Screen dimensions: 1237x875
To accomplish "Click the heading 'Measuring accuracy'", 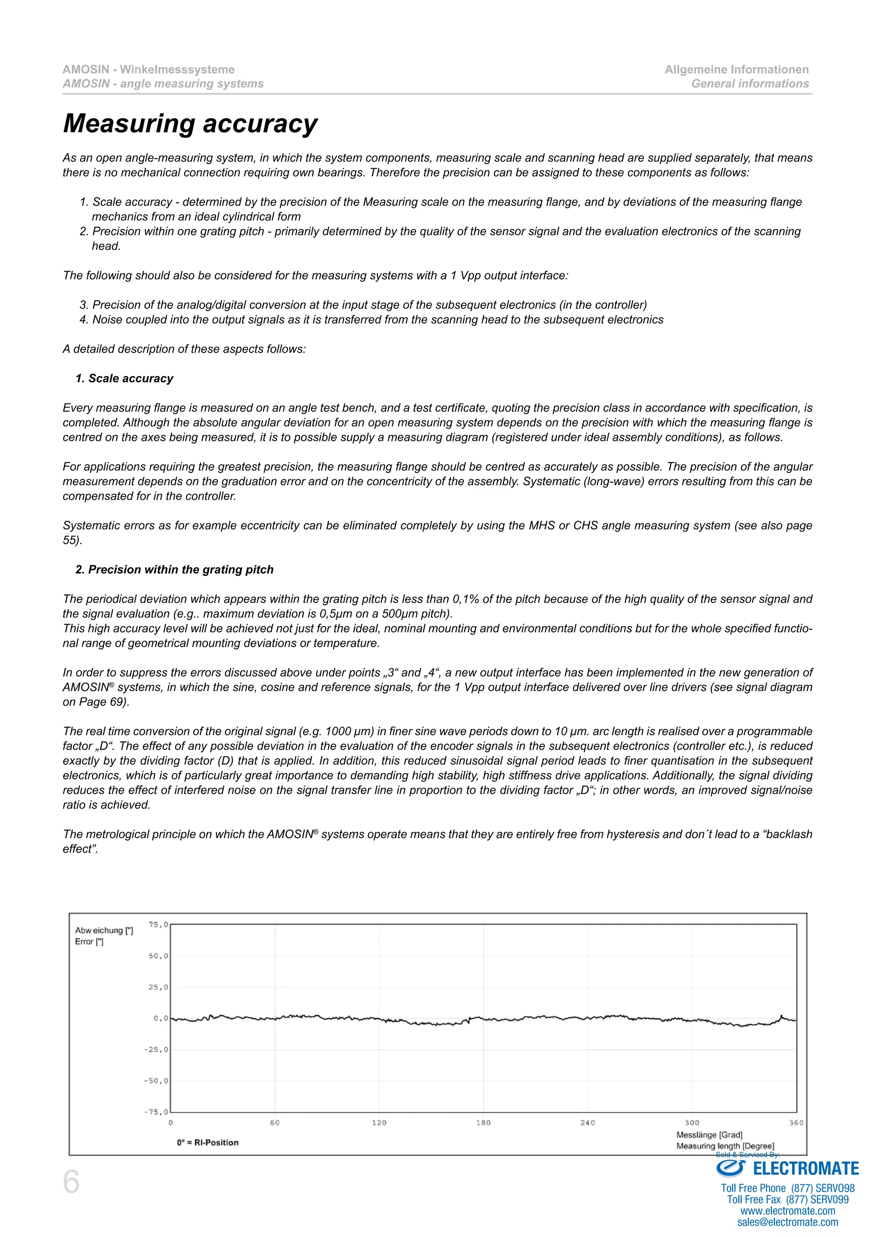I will pos(190,123).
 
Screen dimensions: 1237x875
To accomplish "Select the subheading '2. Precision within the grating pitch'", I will pos(175,569).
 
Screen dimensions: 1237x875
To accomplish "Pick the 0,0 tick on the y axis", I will pos(161,1018).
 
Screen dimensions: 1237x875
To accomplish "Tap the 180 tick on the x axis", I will pos(483,1123).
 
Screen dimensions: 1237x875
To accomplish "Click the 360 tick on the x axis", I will pos(796,1123).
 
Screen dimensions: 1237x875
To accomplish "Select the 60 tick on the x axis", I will pos(275,1123).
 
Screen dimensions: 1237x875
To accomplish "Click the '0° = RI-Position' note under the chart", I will pos(208,1142).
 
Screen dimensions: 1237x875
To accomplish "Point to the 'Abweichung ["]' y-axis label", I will pos(104,930).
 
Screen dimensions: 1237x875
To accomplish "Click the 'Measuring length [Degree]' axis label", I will pos(725,1146).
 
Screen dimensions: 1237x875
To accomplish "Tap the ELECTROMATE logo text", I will pos(805,1169).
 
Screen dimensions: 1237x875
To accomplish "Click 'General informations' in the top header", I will pos(750,84).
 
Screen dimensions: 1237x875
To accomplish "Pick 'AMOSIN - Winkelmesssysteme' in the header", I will pos(149,70).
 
